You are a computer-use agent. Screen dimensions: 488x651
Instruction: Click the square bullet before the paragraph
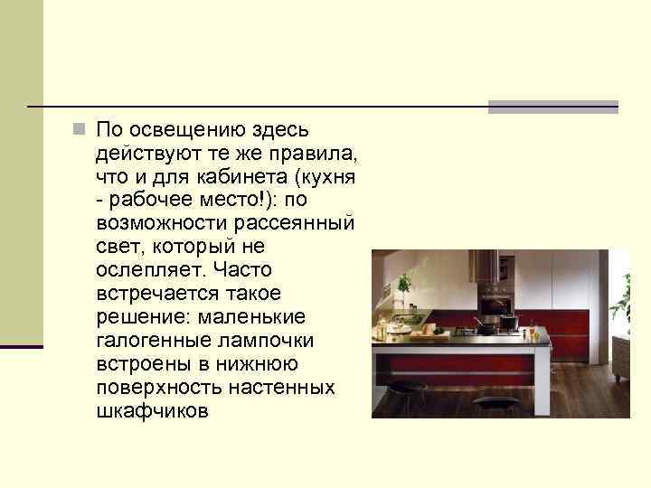[x=80, y=128]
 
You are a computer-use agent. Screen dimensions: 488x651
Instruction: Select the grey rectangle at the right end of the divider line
[x=552, y=107]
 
